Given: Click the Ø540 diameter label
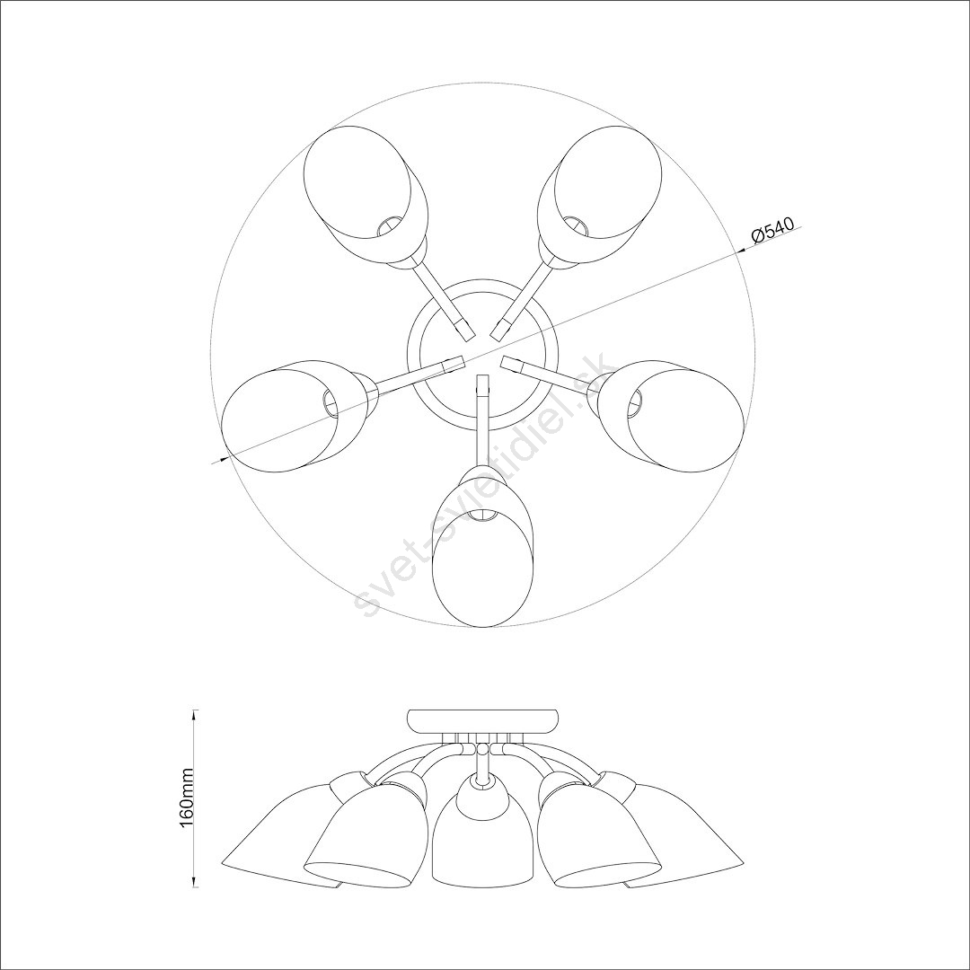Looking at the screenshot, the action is click(772, 230).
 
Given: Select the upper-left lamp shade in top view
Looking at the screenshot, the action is click(366, 196).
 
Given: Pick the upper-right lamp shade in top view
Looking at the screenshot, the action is click(599, 196).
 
